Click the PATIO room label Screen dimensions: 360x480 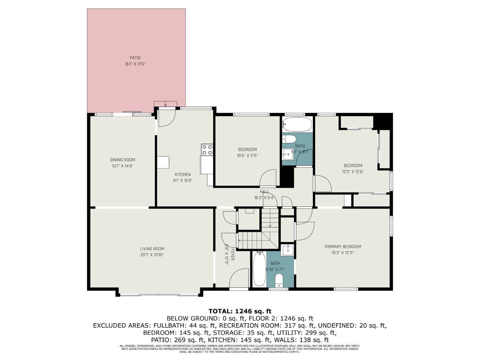(x=135, y=58)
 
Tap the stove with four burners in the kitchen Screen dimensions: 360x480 (x=207, y=149)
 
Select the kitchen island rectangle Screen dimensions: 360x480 (x=163, y=162)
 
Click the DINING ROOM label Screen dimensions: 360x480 (x=123, y=160)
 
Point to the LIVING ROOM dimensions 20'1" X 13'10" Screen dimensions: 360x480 (x=152, y=255)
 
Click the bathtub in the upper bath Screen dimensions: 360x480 (x=297, y=124)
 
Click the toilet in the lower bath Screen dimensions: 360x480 (x=279, y=280)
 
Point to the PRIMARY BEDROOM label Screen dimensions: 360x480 (x=343, y=246)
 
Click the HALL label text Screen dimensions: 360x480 (x=264, y=192)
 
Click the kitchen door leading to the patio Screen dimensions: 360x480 (x=166, y=118)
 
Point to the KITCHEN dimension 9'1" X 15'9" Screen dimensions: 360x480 (x=183, y=180)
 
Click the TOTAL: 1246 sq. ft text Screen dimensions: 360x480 (x=240, y=311)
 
